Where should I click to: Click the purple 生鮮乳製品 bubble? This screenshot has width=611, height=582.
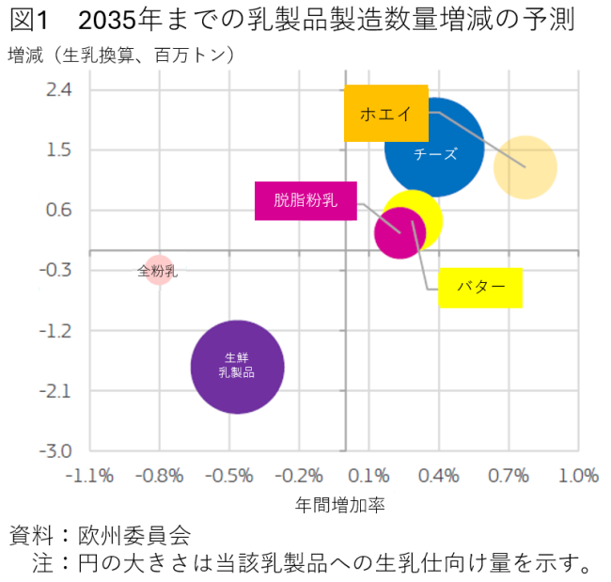coord(237,367)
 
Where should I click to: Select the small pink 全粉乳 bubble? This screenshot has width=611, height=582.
coord(159,271)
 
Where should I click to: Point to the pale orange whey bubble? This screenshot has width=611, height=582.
coord(525,167)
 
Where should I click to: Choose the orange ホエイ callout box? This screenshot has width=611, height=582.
coord(385,114)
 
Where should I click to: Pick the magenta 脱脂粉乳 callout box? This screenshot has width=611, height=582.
coord(305,200)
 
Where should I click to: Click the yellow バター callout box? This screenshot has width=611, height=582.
coord(480,287)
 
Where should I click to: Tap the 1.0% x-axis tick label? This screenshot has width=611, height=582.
coord(578,475)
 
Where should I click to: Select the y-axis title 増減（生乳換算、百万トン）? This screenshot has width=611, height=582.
coord(122,55)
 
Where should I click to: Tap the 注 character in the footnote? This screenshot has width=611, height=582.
coord(44,564)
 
